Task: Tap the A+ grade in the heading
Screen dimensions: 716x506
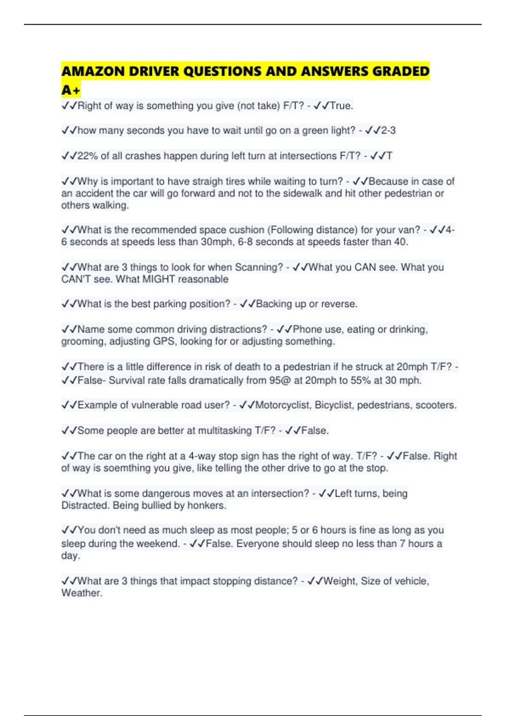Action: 70,90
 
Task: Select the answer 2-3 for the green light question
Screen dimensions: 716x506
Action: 388,131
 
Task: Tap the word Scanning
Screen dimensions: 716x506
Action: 258,267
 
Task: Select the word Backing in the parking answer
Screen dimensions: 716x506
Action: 273,304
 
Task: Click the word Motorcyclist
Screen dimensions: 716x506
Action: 283,405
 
